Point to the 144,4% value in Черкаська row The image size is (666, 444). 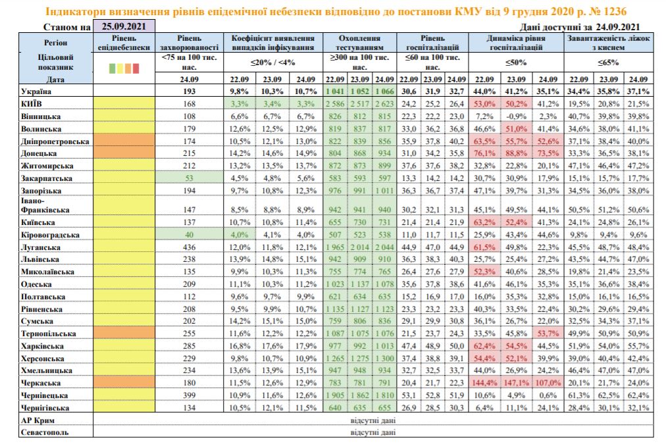pos(488,382)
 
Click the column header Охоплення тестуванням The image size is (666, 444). pos(358,44)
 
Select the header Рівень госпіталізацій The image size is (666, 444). pos(432,44)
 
